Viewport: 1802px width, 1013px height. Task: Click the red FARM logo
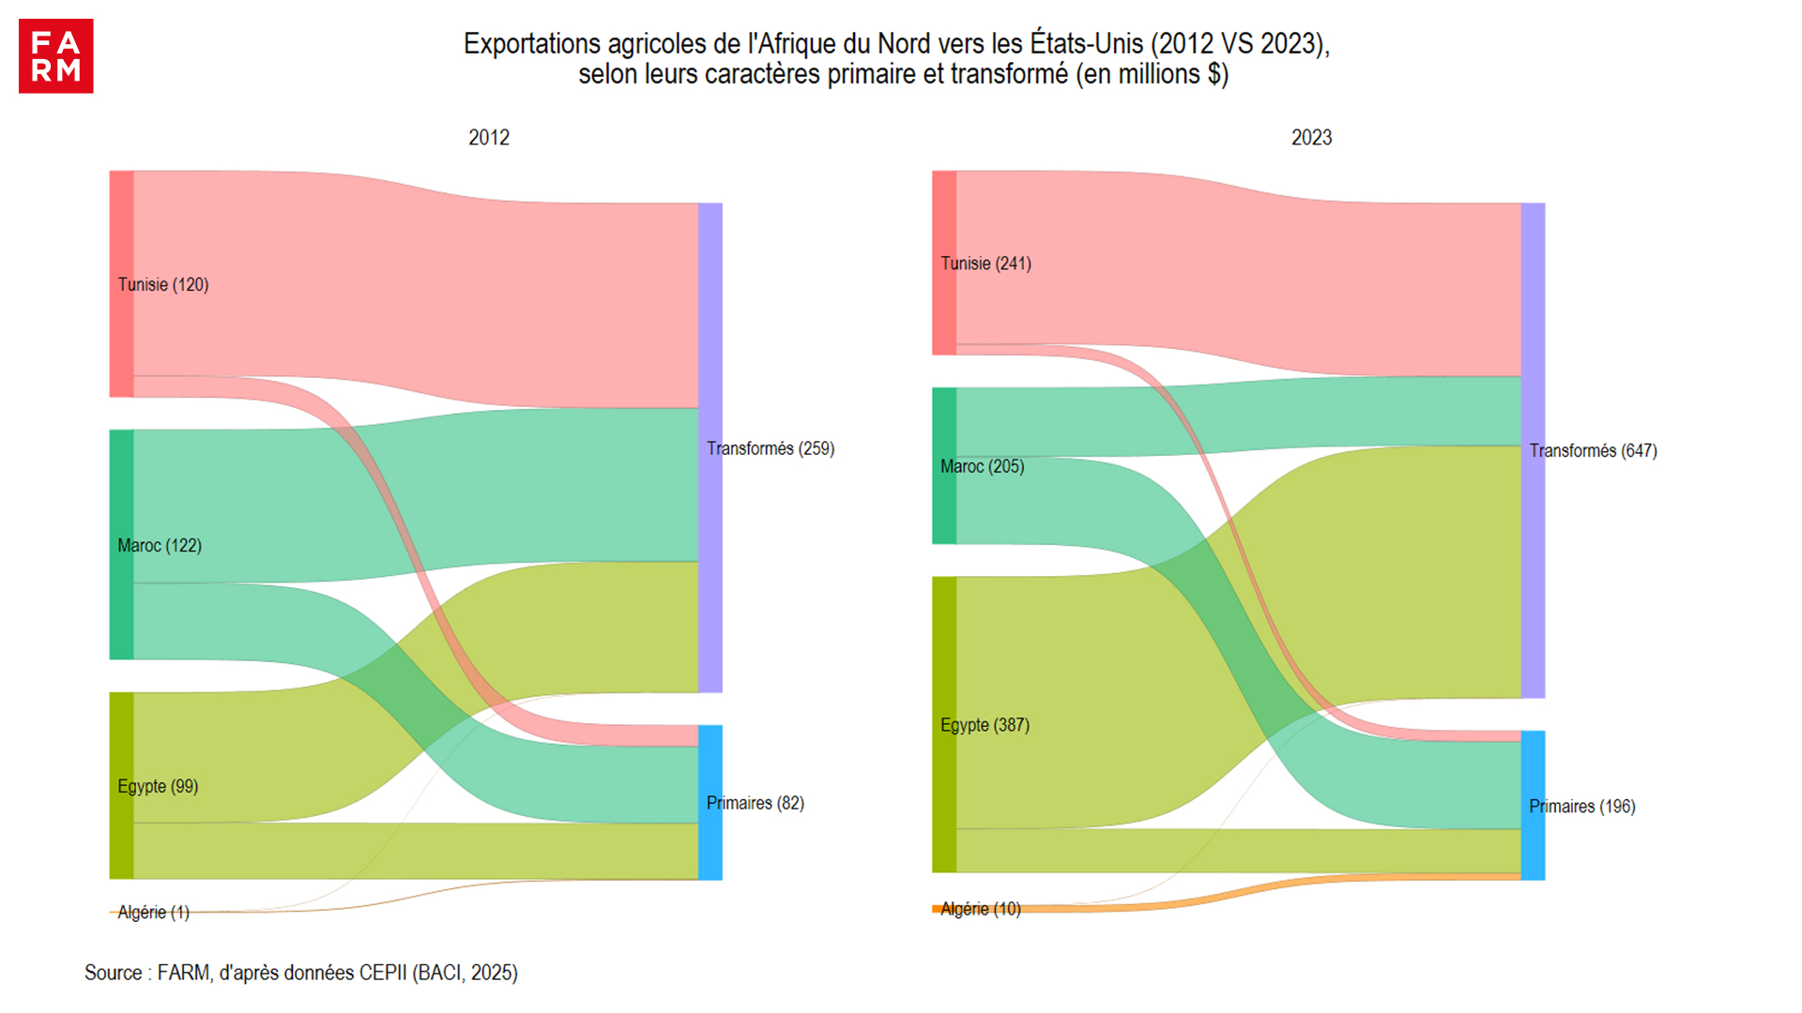pos(56,56)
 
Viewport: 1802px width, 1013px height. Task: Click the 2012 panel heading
pos(489,138)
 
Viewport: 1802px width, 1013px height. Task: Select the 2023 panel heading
pos(1311,138)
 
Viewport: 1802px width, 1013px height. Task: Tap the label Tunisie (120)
pos(163,284)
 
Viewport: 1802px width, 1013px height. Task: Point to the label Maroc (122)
pos(160,545)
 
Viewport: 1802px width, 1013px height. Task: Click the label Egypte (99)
pos(158,786)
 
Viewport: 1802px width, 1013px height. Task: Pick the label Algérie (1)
pos(153,912)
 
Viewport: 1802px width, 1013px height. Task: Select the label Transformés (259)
pos(771,448)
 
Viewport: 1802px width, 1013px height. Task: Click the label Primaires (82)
pos(756,803)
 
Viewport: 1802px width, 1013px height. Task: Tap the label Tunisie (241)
pos(985,264)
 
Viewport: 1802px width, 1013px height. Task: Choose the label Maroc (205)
pos(982,466)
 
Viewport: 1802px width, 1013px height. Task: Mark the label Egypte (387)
pos(985,725)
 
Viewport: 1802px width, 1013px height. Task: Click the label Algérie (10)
pos(980,909)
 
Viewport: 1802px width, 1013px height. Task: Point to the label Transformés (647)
pos(1593,451)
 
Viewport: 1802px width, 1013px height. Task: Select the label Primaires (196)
pos(1581,807)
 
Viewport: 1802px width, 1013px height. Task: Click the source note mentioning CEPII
pos(301,973)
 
